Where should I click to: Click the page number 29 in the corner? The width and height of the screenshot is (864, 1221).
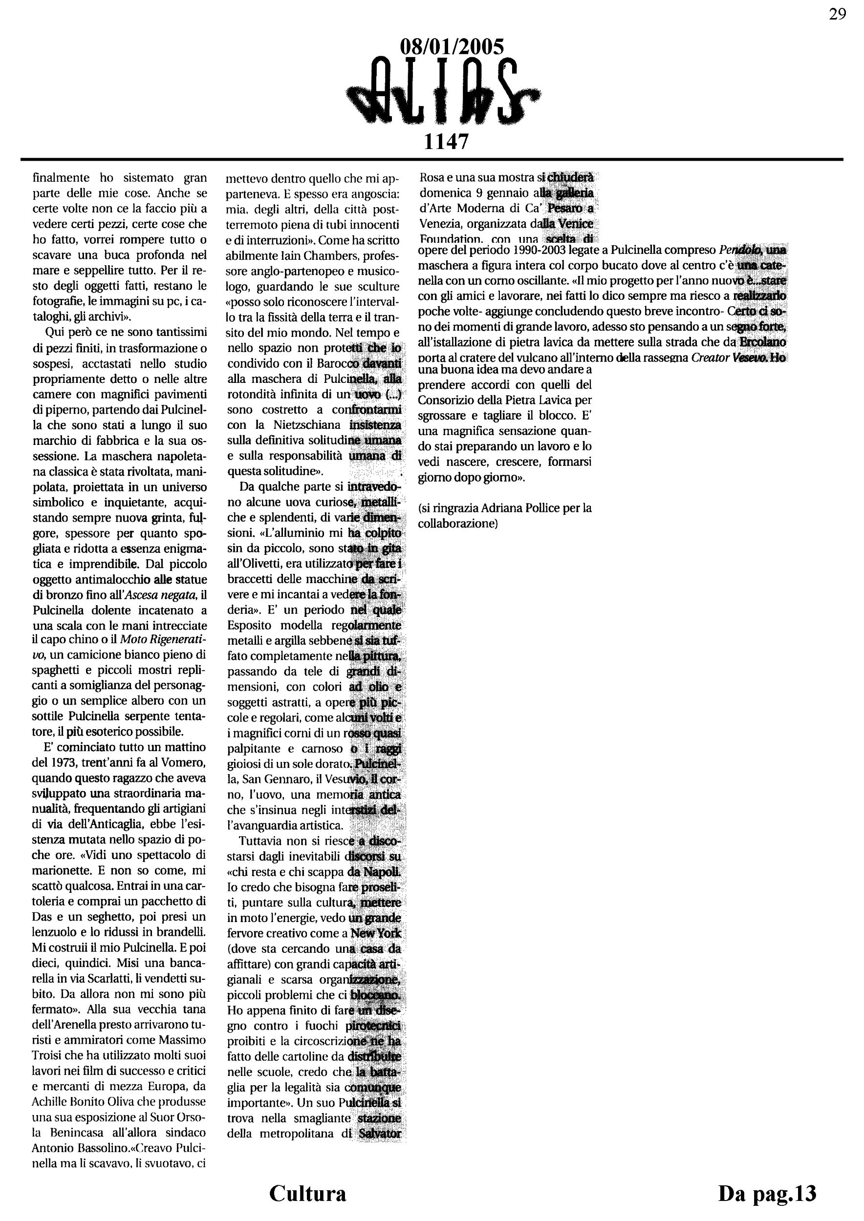pos(838,14)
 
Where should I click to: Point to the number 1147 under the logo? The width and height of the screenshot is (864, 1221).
pos(446,142)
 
